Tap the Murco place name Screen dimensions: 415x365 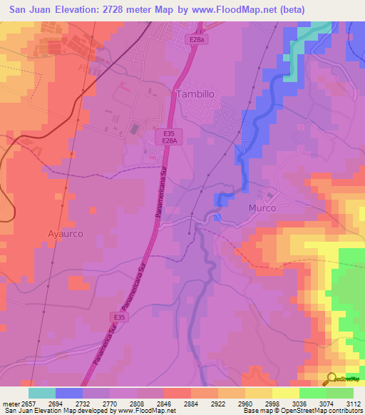262,208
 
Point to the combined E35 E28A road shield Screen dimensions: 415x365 169,137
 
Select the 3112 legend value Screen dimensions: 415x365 350,402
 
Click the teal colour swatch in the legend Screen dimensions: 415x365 42,392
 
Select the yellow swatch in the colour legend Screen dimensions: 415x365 285,392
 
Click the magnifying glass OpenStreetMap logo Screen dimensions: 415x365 332,379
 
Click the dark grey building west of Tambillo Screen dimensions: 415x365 135,129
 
